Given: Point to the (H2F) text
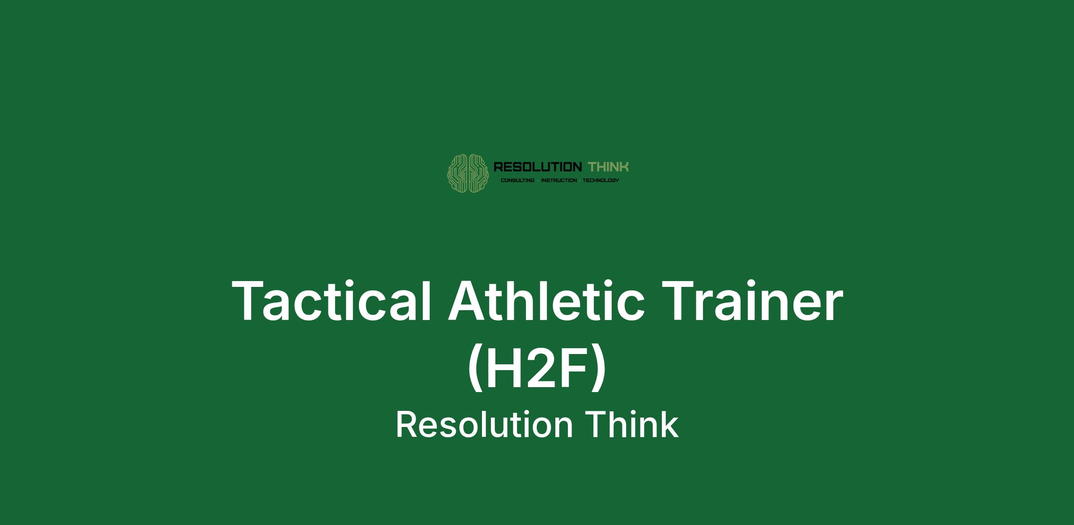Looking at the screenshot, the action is (537, 368).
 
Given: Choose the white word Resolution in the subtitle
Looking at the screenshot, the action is (484, 425).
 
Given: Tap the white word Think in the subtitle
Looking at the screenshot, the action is (632, 425).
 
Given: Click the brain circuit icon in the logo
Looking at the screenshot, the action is (468, 173).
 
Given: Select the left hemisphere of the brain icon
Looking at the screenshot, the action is (458, 173).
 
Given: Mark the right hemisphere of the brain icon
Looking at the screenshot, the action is (479, 173).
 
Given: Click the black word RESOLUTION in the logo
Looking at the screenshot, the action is (537, 167).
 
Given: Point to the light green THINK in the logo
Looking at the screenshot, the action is (608, 167).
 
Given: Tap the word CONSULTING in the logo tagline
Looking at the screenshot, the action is (517, 180).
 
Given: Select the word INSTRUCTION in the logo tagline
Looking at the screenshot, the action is (559, 180).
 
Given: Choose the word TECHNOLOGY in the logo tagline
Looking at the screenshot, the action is (601, 180).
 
